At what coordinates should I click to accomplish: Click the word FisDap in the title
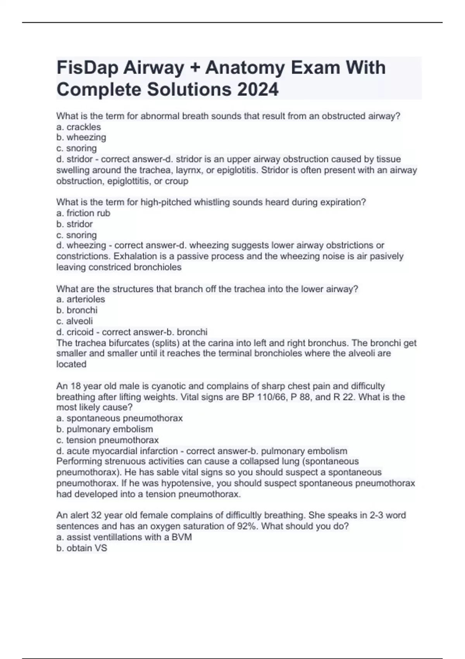(x=88, y=68)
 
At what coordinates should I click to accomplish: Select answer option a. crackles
(x=79, y=127)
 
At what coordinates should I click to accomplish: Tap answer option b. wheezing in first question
(x=81, y=137)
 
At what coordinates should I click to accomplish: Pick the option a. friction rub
(x=83, y=213)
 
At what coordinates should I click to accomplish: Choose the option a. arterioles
(x=81, y=299)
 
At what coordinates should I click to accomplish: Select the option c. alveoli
(x=74, y=321)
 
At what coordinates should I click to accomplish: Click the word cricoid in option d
(x=80, y=332)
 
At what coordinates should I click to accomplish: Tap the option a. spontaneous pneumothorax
(x=119, y=418)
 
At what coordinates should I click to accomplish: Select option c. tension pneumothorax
(x=107, y=440)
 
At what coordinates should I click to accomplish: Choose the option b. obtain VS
(x=82, y=548)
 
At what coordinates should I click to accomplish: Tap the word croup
(x=177, y=181)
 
